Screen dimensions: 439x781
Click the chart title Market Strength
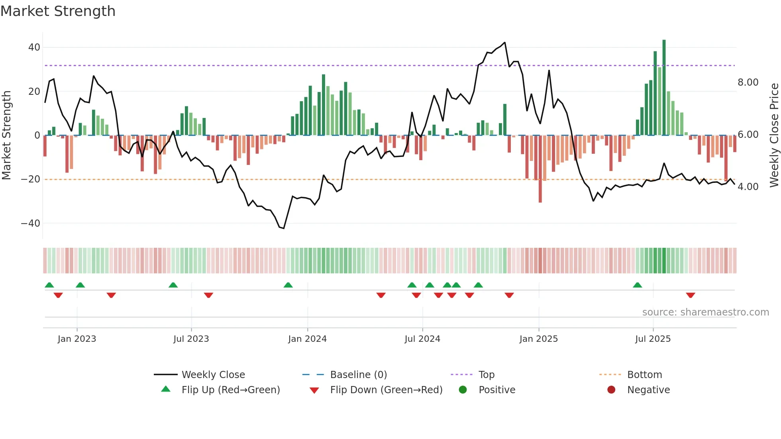tap(58, 11)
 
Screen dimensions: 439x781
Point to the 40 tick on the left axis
tap(34, 47)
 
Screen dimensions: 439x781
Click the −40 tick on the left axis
tap(31, 223)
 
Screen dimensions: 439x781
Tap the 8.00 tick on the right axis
tap(748, 82)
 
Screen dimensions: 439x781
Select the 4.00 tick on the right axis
tap(748, 187)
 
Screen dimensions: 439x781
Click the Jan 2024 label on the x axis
tap(307, 339)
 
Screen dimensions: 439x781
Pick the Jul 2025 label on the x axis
tap(653, 339)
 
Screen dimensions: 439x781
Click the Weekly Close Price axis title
tap(774, 135)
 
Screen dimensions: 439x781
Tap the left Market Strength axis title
tap(6, 135)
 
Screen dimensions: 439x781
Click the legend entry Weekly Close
tap(213, 375)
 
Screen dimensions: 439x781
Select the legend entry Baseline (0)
tap(358, 375)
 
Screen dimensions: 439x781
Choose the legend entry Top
tap(486, 375)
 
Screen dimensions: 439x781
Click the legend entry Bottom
tap(644, 375)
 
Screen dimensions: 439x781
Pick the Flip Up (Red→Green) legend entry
tap(230, 390)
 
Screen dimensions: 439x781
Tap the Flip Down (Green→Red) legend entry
tap(386, 390)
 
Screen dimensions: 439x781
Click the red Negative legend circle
tap(611, 390)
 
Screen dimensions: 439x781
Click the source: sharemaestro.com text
tap(705, 312)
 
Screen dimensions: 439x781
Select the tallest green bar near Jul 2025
tap(664, 88)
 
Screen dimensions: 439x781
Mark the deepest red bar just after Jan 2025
tap(540, 169)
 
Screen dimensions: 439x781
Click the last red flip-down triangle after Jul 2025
tap(691, 295)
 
